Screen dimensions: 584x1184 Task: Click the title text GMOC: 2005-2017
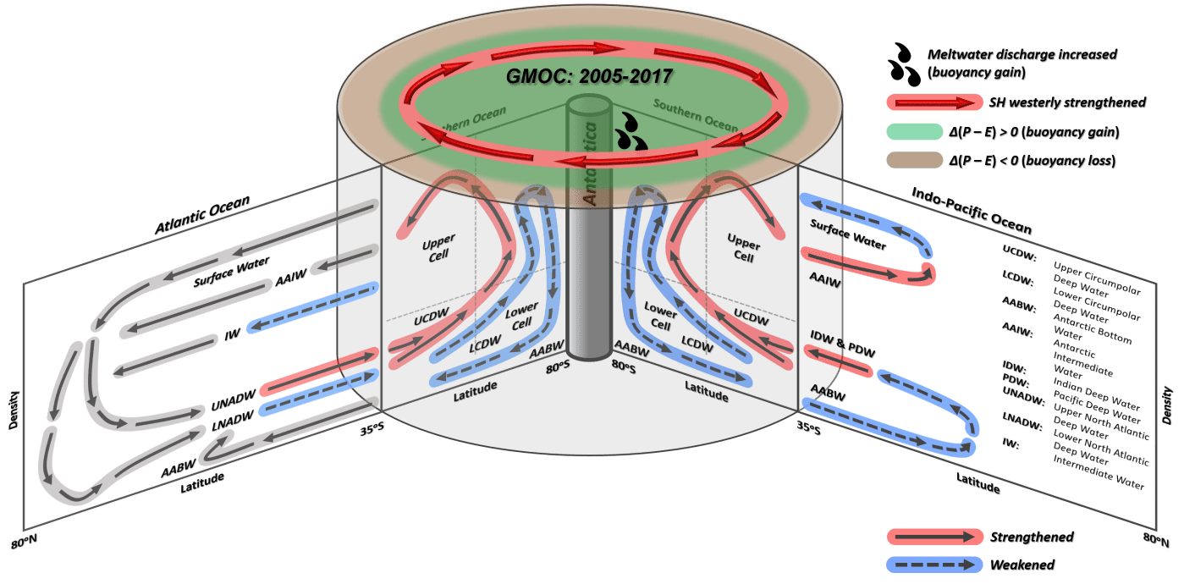(x=589, y=76)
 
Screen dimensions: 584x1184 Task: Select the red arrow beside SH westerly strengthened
(x=932, y=103)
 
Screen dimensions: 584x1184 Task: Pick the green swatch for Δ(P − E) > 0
(x=931, y=132)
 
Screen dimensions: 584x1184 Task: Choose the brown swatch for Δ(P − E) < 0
(x=931, y=161)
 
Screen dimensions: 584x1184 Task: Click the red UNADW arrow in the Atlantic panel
(x=317, y=372)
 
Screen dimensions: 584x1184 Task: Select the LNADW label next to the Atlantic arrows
(x=234, y=420)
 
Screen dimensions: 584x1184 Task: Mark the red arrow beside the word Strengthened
(x=932, y=537)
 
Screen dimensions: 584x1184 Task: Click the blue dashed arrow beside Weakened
(x=932, y=563)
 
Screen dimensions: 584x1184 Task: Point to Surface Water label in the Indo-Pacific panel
(x=848, y=234)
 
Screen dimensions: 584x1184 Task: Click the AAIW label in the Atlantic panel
(x=289, y=278)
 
